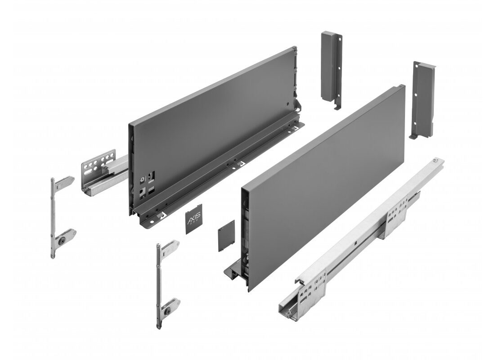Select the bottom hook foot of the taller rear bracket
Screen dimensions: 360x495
point(335,106)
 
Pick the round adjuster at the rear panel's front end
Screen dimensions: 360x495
point(142,179)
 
